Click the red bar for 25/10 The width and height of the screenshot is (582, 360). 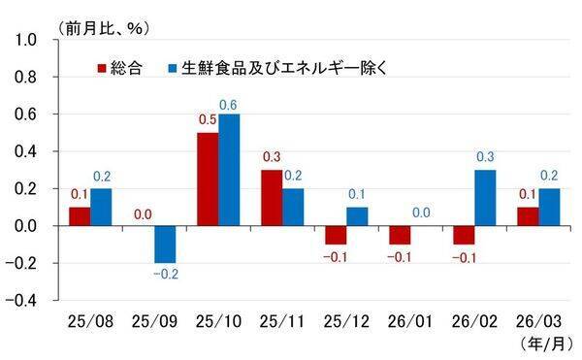pos(207,180)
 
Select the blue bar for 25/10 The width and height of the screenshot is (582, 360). pos(229,170)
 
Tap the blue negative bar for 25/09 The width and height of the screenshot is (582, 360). pos(165,245)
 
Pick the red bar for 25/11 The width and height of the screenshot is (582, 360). pos(271,198)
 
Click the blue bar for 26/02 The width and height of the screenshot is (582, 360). pos(484,198)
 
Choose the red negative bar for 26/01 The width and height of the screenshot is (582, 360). pos(398,235)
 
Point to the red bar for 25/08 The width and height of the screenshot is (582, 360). pos(80,216)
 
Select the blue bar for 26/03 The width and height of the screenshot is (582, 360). pos(547,207)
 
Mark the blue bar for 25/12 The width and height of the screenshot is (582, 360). pos(356,216)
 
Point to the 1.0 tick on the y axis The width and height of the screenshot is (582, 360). pos(25,41)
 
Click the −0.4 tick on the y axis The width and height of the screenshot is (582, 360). pos(21,300)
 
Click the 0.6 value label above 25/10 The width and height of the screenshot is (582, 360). pos(230,105)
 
